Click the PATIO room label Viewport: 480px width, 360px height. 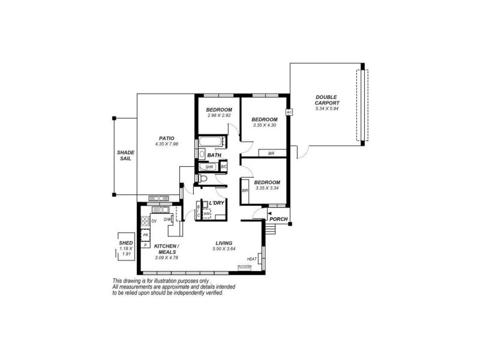158,138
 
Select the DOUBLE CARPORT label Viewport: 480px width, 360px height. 326,100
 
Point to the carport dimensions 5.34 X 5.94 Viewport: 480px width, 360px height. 326,109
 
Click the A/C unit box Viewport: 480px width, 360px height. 289,112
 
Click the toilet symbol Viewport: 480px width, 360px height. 203,179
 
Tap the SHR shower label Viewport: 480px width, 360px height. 210,167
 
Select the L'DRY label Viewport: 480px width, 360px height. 217,203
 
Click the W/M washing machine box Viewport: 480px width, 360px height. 207,213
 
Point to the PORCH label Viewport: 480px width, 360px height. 278,219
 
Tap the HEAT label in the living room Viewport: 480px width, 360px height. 251,259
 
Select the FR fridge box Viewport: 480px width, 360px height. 145,236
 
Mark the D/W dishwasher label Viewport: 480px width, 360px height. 168,220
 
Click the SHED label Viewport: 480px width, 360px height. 126,243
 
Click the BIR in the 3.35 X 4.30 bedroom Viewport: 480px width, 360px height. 271,154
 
